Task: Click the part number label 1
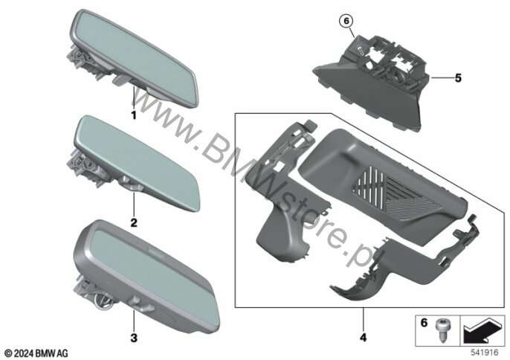point(133,115)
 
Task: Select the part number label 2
point(134,223)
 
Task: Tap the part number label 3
point(134,338)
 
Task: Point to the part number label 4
point(364,337)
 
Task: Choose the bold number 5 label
point(458,78)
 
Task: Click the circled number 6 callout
point(346,21)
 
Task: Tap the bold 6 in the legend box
point(424,323)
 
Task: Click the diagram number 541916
point(485,353)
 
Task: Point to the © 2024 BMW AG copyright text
point(36,353)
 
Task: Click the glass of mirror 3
point(153,277)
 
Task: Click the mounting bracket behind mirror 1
point(81,62)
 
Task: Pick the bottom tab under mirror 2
point(130,184)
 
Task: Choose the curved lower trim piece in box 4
point(400,263)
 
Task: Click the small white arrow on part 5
point(361,51)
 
